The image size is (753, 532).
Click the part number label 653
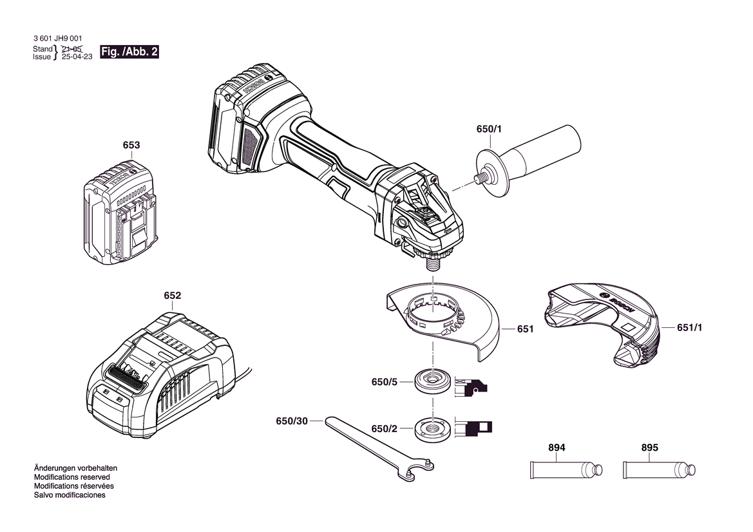tap(131, 145)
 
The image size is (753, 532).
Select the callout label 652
tap(173, 295)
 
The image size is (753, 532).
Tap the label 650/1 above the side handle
tap(489, 129)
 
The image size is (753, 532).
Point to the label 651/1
tap(690, 327)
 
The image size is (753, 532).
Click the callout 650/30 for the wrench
tap(292, 421)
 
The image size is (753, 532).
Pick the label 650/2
tap(384, 429)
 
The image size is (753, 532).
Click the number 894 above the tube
tap(557, 448)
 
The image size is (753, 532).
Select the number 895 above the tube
tap(650, 448)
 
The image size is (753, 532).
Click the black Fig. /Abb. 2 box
tap(129, 52)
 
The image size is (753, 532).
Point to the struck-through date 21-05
tap(72, 48)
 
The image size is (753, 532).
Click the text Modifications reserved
tap(72, 477)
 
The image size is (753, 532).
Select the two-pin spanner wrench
tap(380, 448)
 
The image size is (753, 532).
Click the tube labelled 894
tap(566, 470)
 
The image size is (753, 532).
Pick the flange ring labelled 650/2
tap(433, 429)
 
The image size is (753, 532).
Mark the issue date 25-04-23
tap(77, 57)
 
